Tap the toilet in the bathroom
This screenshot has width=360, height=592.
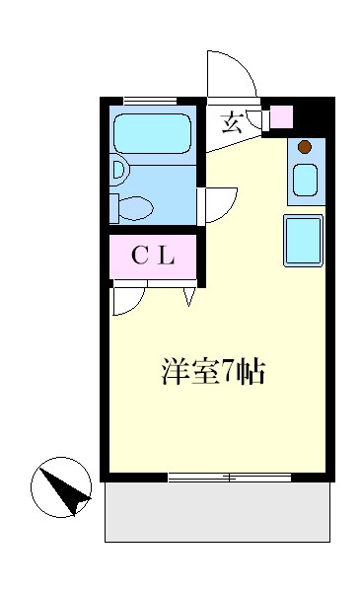[133, 207]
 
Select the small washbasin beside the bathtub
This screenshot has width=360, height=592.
[118, 170]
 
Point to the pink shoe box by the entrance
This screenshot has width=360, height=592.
[281, 116]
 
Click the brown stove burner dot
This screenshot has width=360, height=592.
[305, 148]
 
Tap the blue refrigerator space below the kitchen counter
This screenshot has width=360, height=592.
[304, 241]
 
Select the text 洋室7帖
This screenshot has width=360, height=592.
[213, 373]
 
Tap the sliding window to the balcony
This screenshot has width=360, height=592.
[229, 479]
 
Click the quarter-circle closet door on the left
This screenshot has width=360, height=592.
[126, 298]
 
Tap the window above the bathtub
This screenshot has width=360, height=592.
[150, 100]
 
